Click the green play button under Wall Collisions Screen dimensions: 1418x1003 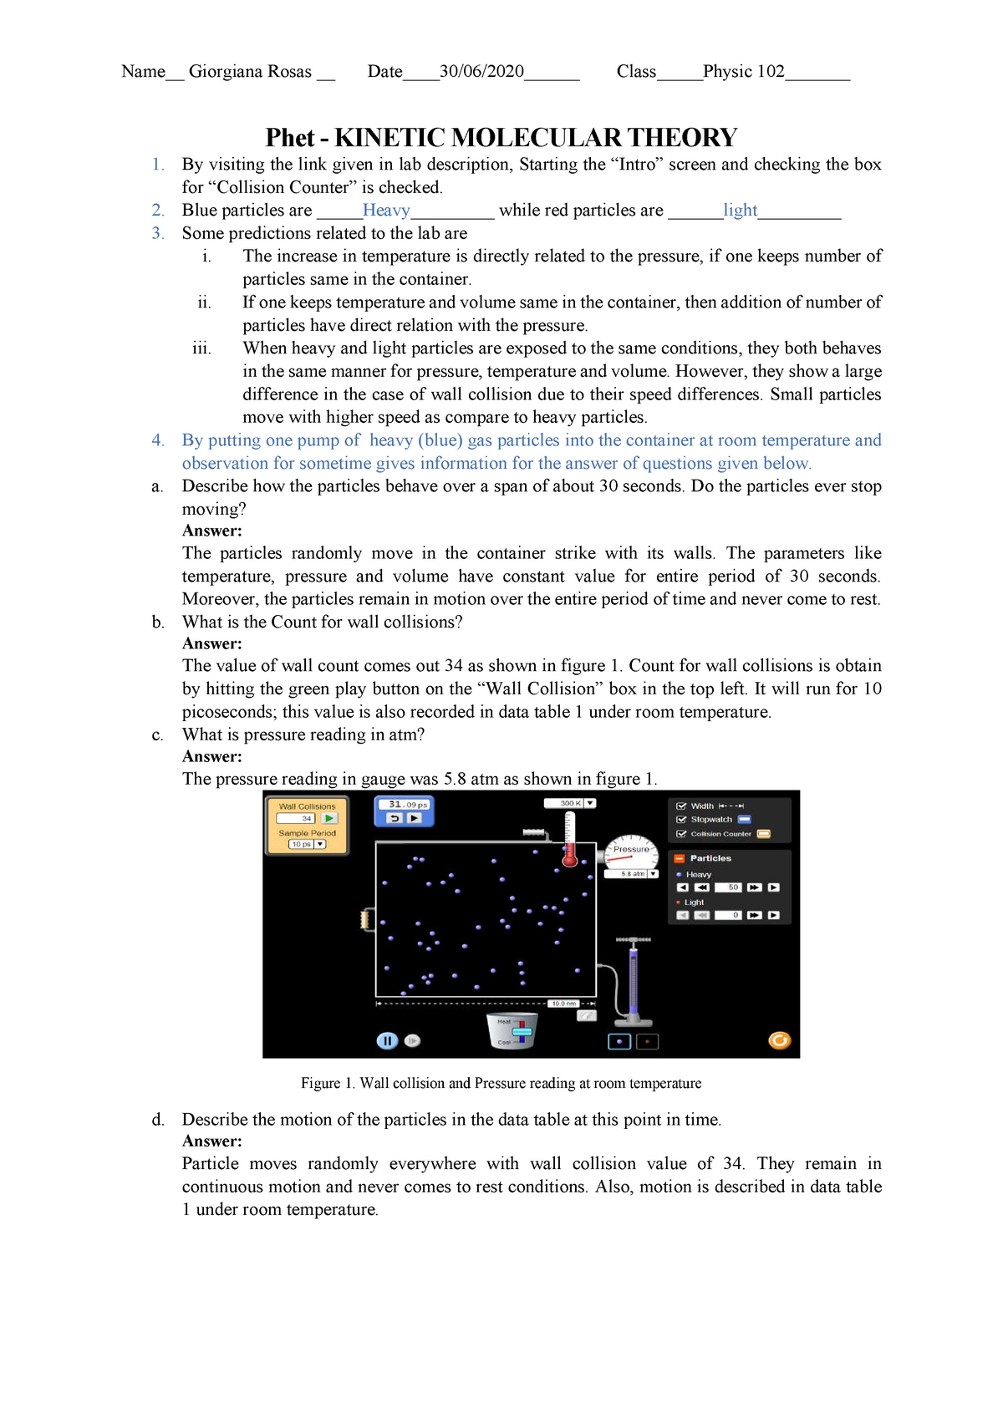tap(329, 819)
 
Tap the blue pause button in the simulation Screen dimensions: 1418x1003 tap(386, 1040)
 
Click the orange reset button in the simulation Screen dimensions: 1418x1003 tap(779, 1040)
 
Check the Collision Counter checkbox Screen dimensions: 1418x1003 tap(681, 834)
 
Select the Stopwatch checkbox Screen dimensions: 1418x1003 tap(681, 820)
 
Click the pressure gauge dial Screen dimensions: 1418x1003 tap(631, 852)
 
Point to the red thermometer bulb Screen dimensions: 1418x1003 tap(570, 858)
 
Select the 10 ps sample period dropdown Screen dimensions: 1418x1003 tap(307, 844)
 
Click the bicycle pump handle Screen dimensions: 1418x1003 tap(634, 940)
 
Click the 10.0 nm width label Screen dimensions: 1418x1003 tap(563, 1003)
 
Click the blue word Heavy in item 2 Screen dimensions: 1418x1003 tap(386, 211)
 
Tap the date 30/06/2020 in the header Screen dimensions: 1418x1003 tap(481, 72)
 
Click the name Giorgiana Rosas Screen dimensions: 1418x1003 tap(250, 72)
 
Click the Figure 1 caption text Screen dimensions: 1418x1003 tap(501, 1083)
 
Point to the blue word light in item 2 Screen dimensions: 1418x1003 tap(741, 211)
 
